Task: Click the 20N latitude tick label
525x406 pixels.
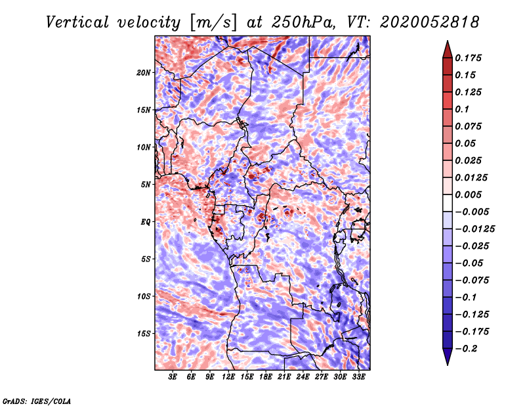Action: click(144, 72)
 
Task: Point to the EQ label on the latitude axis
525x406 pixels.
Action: click(145, 222)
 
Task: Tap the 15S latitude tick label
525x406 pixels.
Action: click(144, 334)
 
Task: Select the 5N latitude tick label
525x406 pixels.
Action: click(146, 185)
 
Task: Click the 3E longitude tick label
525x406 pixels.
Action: click(173, 376)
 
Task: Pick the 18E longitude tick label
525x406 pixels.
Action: click(266, 376)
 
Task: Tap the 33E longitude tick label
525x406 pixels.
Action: click(358, 376)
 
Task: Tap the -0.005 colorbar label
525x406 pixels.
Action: click(472, 212)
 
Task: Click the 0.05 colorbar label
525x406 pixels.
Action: click(467, 143)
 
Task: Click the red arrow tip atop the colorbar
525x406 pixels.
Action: click(447, 45)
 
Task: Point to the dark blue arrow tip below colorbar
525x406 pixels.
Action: click(447, 360)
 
